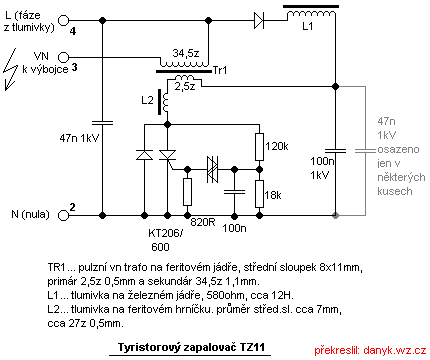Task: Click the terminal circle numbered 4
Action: [x=63, y=20]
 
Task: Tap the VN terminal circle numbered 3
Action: [x=63, y=57]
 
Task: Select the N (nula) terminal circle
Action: [x=63, y=215]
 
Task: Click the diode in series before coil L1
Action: [x=259, y=20]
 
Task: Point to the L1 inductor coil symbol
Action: [x=311, y=15]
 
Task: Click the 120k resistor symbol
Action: [x=259, y=147]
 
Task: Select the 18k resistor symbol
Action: [x=259, y=194]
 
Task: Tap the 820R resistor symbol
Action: [x=187, y=192]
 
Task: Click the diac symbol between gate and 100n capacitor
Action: [x=212, y=170]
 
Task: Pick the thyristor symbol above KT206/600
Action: [x=167, y=156]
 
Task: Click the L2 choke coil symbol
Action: [x=166, y=102]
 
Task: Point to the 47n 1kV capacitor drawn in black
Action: [x=102, y=123]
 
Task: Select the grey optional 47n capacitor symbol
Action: [x=365, y=151]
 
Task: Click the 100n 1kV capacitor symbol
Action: [x=335, y=151]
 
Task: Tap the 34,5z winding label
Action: [x=186, y=53]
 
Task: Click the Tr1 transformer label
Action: [x=220, y=70]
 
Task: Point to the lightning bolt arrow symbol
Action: [x=10, y=69]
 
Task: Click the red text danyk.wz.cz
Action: [x=395, y=350]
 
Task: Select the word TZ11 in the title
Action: [x=252, y=347]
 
